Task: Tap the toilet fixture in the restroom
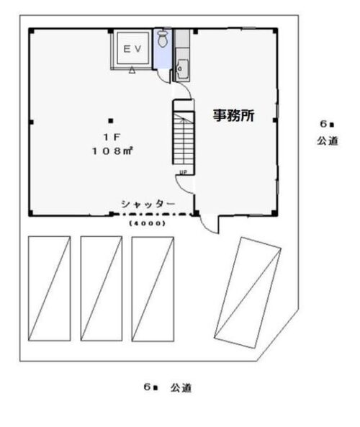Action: (162, 38)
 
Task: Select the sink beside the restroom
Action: (181, 68)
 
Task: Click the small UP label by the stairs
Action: (183, 173)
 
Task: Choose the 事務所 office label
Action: (233, 115)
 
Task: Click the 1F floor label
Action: (109, 136)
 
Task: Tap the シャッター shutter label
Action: (148, 204)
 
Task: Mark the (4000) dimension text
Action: (147, 223)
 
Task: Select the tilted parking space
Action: (249, 292)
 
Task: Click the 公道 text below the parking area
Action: (181, 387)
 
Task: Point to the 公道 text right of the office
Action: (327, 141)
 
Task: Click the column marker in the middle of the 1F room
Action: (111, 120)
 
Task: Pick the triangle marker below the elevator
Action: (132, 72)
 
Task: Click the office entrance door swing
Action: (209, 223)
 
